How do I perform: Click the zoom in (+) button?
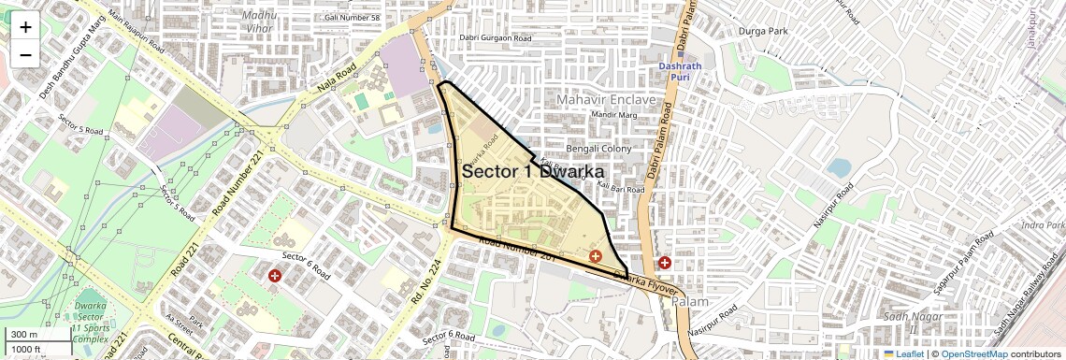tap(25, 27)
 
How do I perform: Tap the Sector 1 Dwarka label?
tap(533, 172)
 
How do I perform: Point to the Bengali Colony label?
tap(599, 149)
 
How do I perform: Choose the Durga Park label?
tap(765, 31)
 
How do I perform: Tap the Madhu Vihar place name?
tap(258, 21)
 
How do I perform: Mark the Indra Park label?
tap(1044, 225)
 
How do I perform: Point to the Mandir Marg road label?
tap(613, 115)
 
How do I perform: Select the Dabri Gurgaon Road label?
tap(495, 38)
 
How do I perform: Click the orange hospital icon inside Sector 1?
tap(595, 256)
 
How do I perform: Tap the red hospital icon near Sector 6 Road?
tap(275, 276)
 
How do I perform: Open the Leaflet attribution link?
tap(903, 353)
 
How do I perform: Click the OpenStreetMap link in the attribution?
tap(973, 353)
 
